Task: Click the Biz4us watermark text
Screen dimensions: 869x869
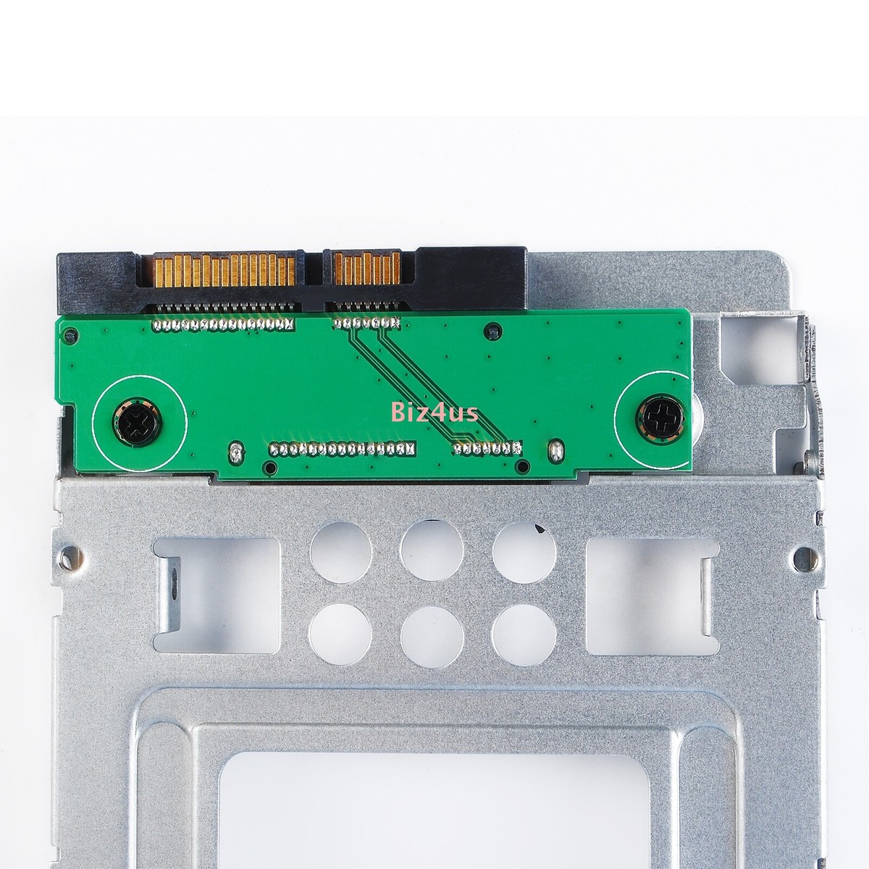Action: click(432, 413)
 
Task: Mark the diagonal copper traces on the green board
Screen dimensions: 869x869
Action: click(402, 380)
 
